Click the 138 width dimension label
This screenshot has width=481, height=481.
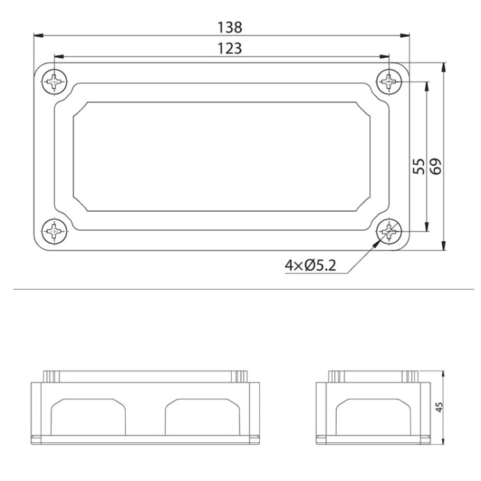click(230, 27)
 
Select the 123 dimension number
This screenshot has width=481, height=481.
click(230, 48)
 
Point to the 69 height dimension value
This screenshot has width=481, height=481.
click(437, 166)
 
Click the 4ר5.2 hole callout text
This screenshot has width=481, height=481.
click(310, 265)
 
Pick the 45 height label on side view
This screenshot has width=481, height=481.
click(439, 408)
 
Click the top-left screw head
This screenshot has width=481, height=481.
click(56, 81)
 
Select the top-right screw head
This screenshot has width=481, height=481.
click(389, 81)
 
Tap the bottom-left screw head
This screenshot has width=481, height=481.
click(56, 230)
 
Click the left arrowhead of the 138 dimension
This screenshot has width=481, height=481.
click(37, 35)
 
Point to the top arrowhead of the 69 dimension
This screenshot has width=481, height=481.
click(444, 66)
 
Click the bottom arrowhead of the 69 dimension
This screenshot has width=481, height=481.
click(444, 246)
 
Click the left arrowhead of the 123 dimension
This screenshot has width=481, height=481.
click(58, 56)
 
